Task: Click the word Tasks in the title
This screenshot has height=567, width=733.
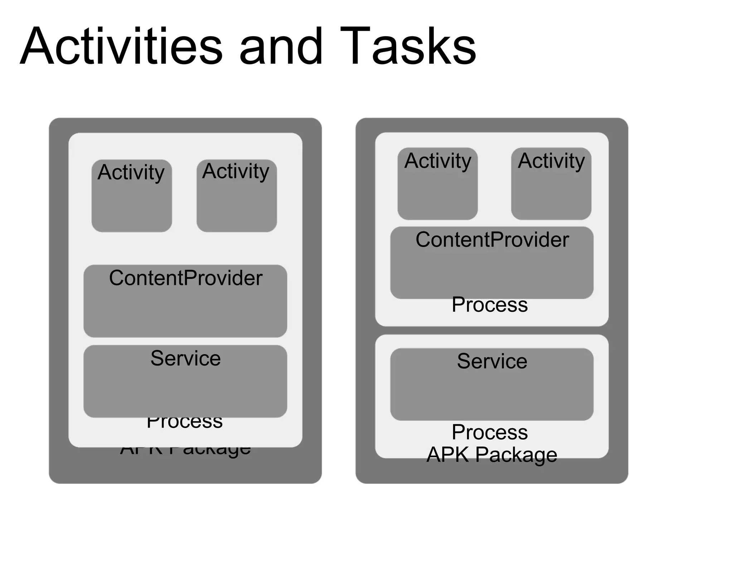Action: click(408, 47)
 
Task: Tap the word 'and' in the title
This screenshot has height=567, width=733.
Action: click(281, 47)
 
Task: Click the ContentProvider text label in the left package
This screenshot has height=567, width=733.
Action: click(185, 278)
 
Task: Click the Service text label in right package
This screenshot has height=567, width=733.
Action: click(492, 361)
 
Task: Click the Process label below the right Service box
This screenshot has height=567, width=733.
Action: click(489, 432)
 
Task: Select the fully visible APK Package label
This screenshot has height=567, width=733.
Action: click(492, 454)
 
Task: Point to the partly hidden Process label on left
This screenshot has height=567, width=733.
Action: click(185, 423)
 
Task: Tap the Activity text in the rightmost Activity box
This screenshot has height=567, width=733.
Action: click(551, 161)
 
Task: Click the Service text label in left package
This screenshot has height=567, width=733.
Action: click(185, 358)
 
